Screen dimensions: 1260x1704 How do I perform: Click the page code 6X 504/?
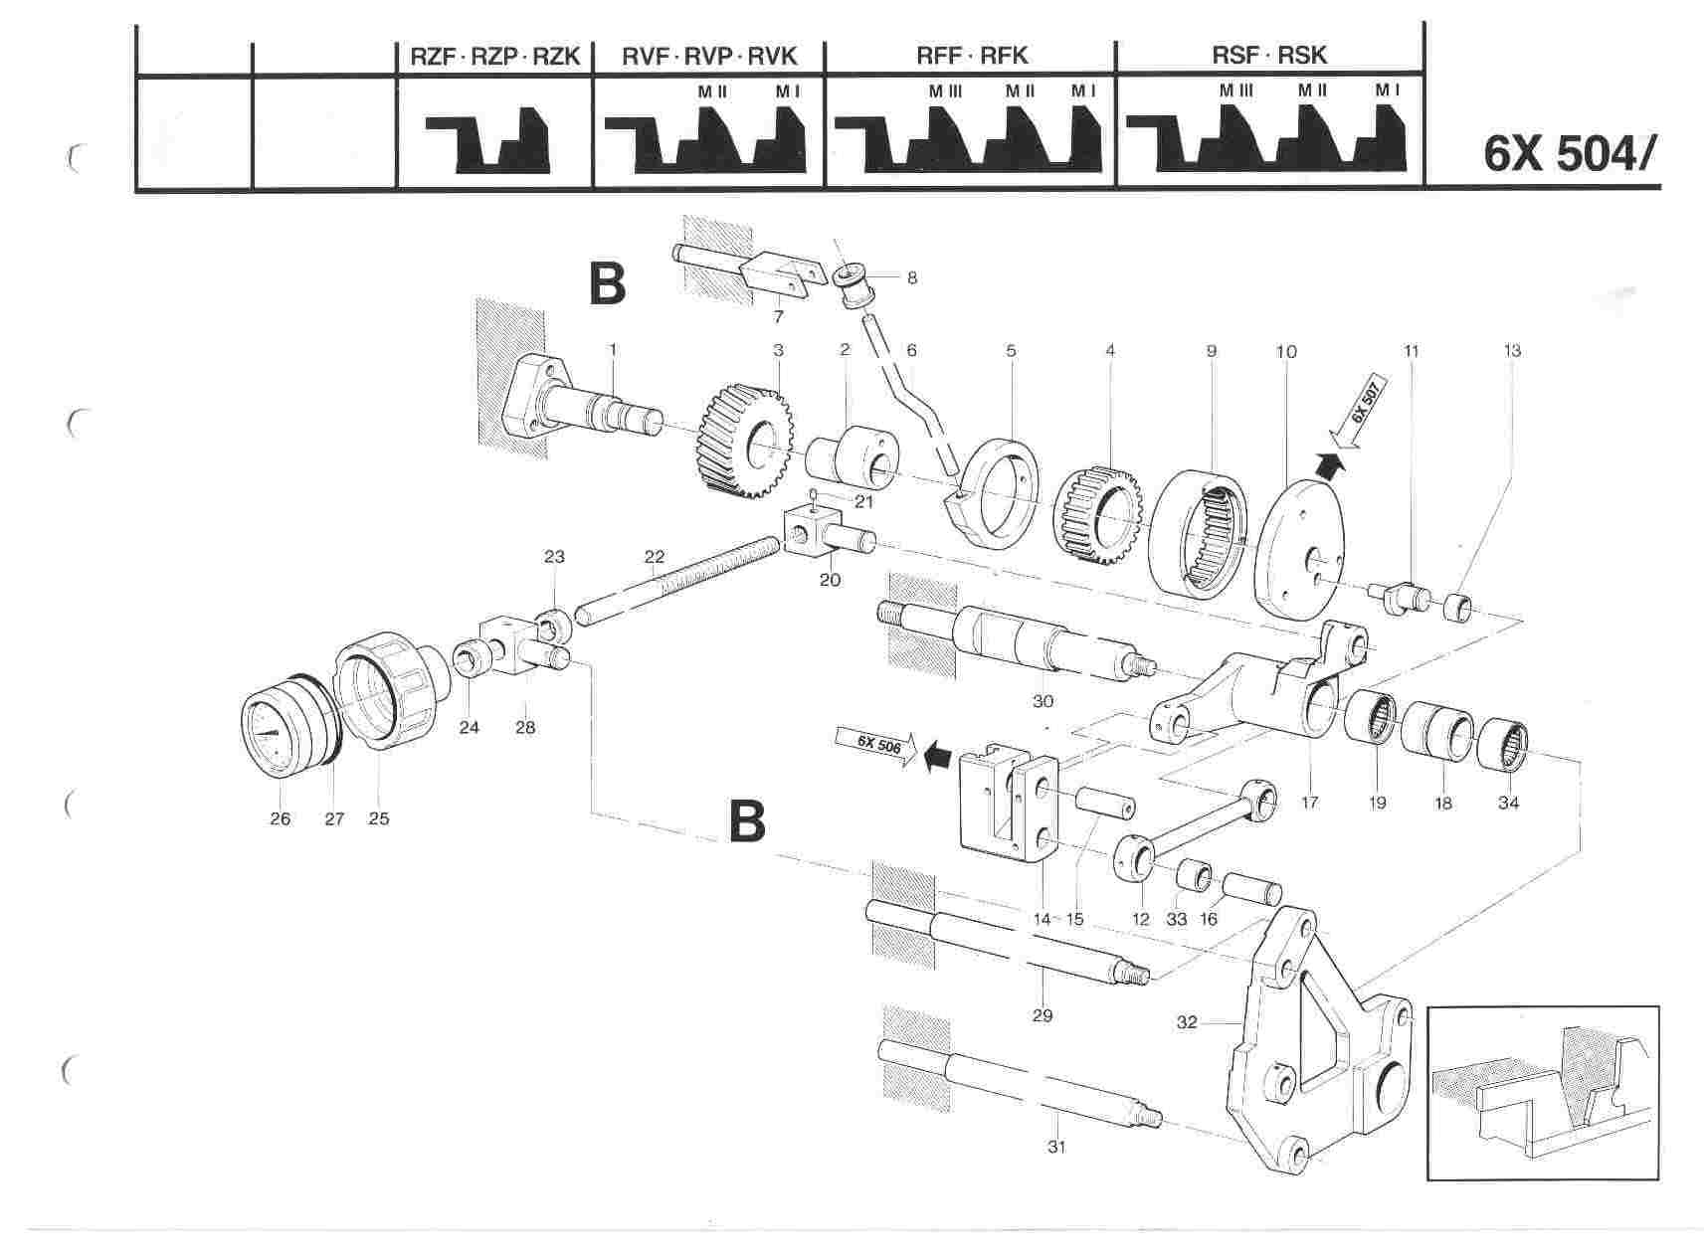tap(1570, 153)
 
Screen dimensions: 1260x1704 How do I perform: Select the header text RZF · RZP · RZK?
tap(494, 56)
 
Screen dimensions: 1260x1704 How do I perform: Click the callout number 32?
tap(1186, 1021)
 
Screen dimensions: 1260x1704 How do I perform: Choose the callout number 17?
tap(1309, 802)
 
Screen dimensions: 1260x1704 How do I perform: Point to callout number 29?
tap(1041, 1015)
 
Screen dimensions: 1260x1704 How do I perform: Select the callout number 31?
tap(1055, 1147)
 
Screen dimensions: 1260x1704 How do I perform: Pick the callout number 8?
tap(911, 278)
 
